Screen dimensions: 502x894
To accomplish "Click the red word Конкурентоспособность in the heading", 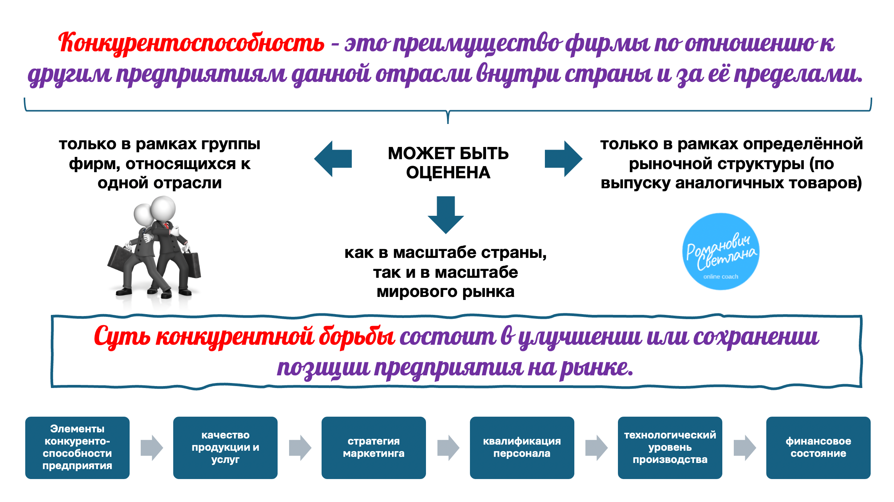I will pyautogui.click(x=191, y=43).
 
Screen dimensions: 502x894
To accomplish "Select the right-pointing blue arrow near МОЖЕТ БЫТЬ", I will pyautogui.click(x=563, y=159).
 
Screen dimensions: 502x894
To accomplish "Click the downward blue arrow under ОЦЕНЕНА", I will pyautogui.click(x=445, y=214).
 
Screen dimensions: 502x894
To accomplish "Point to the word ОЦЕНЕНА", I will pyautogui.click(x=448, y=173).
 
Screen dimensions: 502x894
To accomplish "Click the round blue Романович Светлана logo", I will pyautogui.click(x=721, y=251).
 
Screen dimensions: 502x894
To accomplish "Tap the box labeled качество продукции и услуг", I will pyautogui.click(x=225, y=447).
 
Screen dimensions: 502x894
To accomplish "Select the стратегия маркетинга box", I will pyautogui.click(x=374, y=447).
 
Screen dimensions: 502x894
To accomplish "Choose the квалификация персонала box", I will pyautogui.click(x=522, y=447).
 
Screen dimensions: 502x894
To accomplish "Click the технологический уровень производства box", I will pyautogui.click(x=670, y=447).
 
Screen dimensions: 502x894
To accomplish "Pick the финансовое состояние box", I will pyautogui.click(x=818, y=447).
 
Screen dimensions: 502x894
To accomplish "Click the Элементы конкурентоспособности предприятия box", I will pyautogui.click(x=77, y=447).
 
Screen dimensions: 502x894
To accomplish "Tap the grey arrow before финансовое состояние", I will pyautogui.click(x=744, y=447).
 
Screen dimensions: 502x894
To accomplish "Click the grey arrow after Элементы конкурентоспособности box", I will pyautogui.click(x=151, y=447).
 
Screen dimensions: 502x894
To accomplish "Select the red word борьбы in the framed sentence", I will pyautogui.click(x=357, y=337).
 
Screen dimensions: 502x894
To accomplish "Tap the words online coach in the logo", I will pyautogui.click(x=721, y=277).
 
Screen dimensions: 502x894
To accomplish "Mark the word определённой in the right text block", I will pyautogui.click(x=803, y=144).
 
